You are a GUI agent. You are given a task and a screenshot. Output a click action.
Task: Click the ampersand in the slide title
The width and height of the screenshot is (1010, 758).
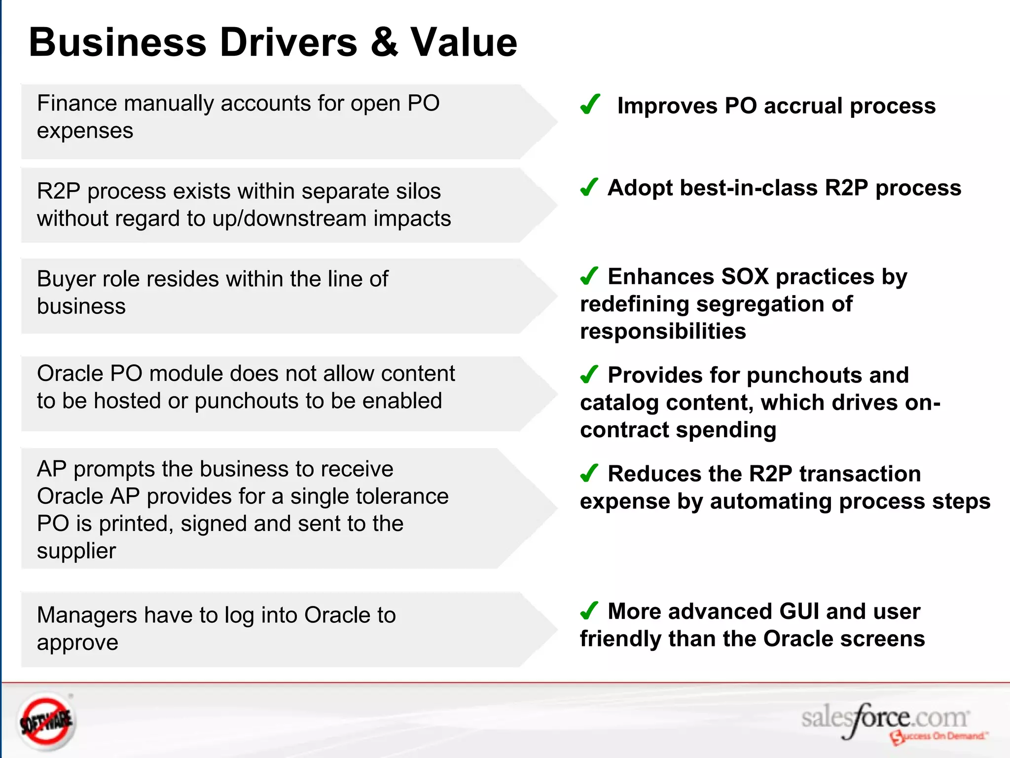click(x=384, y=42)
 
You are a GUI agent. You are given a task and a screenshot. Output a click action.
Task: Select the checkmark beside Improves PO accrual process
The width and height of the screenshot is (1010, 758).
click(x=590, y=105)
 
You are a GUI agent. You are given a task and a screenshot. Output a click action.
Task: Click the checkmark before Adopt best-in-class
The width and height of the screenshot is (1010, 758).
click(x=589, y=187)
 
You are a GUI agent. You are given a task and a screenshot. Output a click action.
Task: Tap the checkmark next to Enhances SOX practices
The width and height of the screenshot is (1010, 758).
click(x=589, y=276)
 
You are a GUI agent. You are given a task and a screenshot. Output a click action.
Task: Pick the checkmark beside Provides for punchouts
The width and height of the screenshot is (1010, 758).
click(x=589, y=375)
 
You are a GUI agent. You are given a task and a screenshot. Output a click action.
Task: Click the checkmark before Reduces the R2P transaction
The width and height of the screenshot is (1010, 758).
click(x=589, y=473)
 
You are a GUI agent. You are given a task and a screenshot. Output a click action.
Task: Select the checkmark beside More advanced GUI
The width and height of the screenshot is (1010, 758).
click(x=589, y=611)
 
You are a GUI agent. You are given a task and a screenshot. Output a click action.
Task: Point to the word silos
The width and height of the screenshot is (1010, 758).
click(x=418, y=191)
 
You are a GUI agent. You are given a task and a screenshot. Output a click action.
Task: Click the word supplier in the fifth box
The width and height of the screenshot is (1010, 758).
click(x=76, y=551)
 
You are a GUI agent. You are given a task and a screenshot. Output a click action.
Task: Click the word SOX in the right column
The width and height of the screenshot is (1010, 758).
click(x=744, y=277)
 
